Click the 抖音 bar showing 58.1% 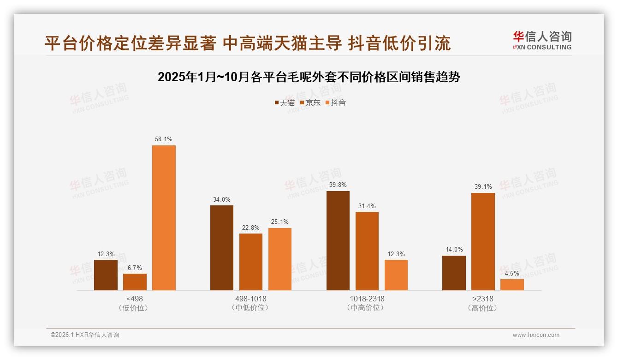pyautogui.click(x=164, y=218)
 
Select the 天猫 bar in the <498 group pyautogui.click(x=106, y=275)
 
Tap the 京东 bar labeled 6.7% pyautogui.click(x=135, y=282)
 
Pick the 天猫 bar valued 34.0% pyautogui.click(x=222, y=248)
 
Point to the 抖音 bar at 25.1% pyautogui.click(x=280, y=259)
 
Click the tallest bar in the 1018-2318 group pyautogui.click(x=338, y=240)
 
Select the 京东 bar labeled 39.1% pyautogui.click(x=483, y=241)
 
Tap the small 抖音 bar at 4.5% pyautogui.click(x=512, y=285)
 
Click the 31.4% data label pyautogui.click(x=367, y=206)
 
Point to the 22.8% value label pyautogui.click(x=251, y=228)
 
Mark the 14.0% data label pyautogui.click(x=454, y=250)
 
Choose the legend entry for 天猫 pyautogui.click(x=284, y=103)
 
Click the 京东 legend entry pyautogui.click(x=310, y=103)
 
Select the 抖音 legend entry pyautogui.click(x=336, y=103)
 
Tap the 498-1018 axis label pyautogui.click(x=251, y=299)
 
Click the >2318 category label pyautogui.click(x=483, y=299)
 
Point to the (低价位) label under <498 pyautogui.click(x=134, y=308)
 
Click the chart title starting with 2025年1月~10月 pyautogui.click(x=309, y=77)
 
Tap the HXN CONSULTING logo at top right pyautogui.click(x=542, y=41)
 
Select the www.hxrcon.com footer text pyautogui.click(x=536, y=335)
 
